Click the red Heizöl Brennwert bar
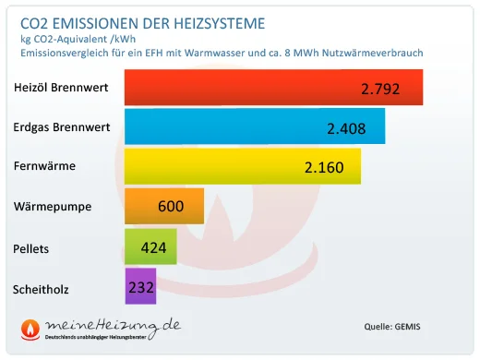tap(273, 88)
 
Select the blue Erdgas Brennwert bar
tap(255, 127)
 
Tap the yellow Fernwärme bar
tap(242, 167)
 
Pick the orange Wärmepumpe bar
tap(163, 207)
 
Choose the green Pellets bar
tap(150, 247)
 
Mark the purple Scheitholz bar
tap(140, 287)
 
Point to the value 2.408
tap(347, 129)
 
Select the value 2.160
tap(324, 169)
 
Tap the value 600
tap(171, 207)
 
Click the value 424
tap(153, 247)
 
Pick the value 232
tap(141, 287)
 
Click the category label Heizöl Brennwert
tap(62, 89)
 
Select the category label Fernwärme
tap(45, 167)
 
